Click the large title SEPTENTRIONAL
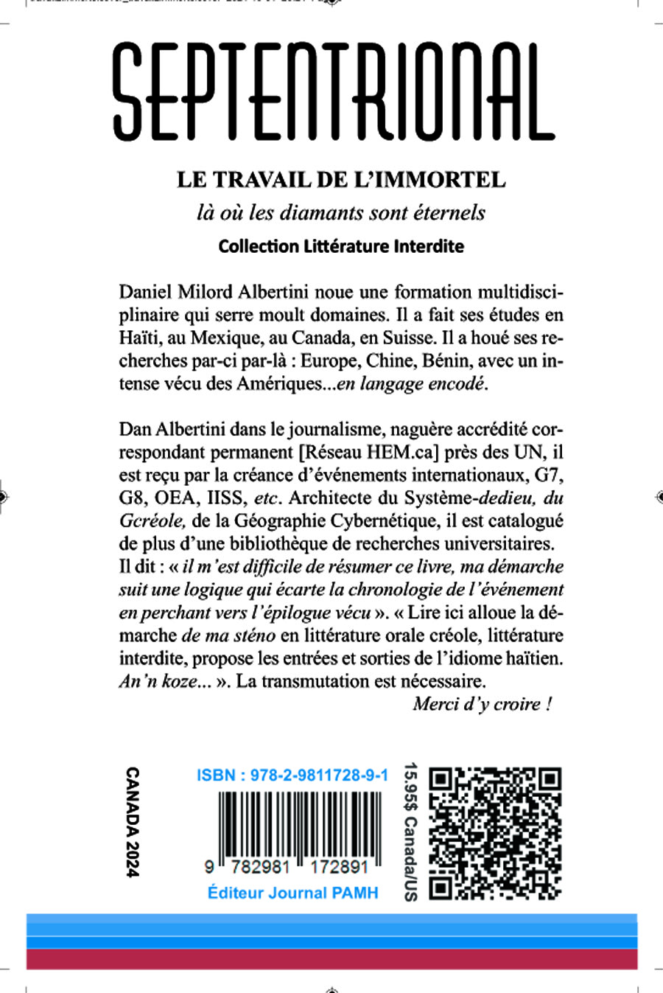[x=333, y=92]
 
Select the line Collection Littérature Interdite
[x=341, y=246]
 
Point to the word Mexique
[x=225, y=338]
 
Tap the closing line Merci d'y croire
[x=482, y=704]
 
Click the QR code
[x=495, y=833]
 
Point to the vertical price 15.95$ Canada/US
[x=410, y=832]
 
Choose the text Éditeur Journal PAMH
[x=292, y=893]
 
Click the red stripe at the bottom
[x=331, y=959]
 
